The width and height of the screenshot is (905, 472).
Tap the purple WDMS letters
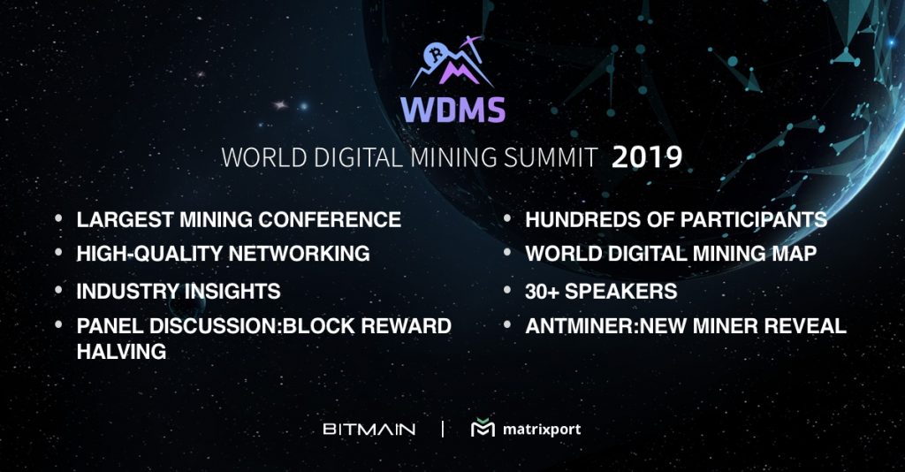(x=452, y=110)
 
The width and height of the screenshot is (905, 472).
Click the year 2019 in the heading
(x=647, y=157)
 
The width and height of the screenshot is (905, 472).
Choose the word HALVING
(x=121, y=351)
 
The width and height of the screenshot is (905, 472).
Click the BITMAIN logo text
(x=369, y=430)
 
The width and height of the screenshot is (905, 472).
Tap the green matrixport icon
(x=482, y=429)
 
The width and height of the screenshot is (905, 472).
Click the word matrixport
(x=541, y=430)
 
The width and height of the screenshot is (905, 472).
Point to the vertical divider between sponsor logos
(x=442, y=430)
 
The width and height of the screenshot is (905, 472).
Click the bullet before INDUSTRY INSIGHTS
(x=58, y=289)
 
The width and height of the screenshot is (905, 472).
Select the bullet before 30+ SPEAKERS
(x=508, y=289)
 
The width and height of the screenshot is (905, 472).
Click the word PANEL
(x=108, y=326)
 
